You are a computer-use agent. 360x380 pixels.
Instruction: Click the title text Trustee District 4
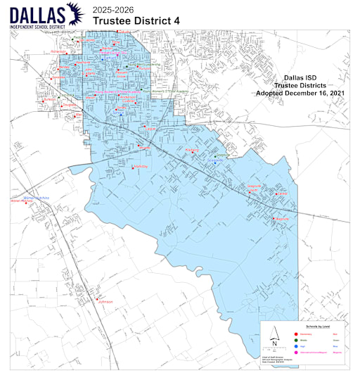pyautogui.click(x=131, y=21)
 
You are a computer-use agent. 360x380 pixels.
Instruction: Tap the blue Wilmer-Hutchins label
pyautogui.click(x=37, y=198)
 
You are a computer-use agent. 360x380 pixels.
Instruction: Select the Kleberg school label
pyautogui.click(x=192, y=150)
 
